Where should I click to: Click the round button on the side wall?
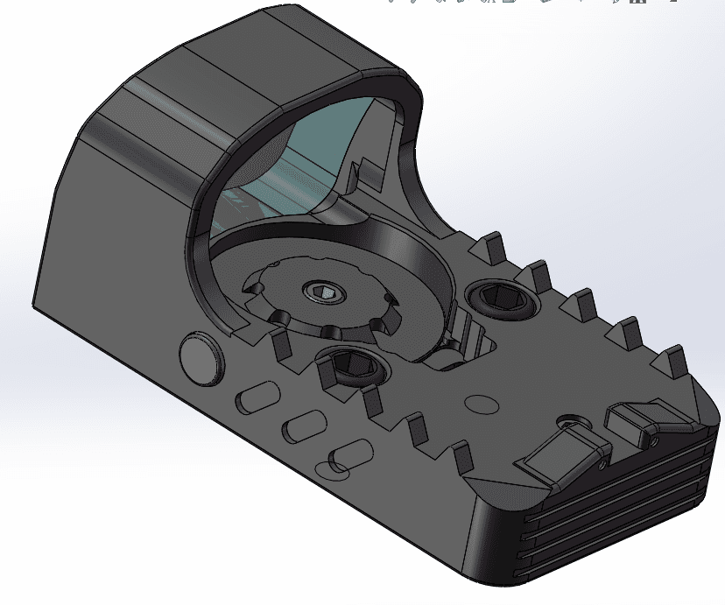(201, 359)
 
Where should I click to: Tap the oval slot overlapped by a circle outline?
(348, 454)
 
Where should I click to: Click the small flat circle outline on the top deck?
(482, 405)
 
